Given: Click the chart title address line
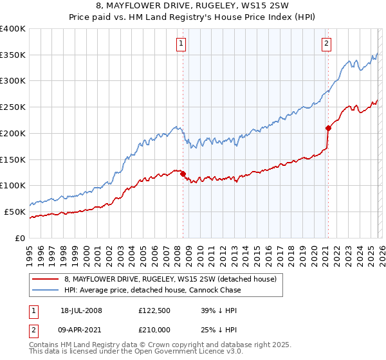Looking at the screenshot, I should [x=192, y=6].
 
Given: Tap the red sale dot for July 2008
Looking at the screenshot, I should [x=183, y=174].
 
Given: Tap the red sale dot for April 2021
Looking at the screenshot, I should [x=327, y=127].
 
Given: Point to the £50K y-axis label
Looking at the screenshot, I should [x=15, y=212].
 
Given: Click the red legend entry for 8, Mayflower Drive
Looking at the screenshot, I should [x=170, y=279].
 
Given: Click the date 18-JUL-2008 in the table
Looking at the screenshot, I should [x=81, y=310].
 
